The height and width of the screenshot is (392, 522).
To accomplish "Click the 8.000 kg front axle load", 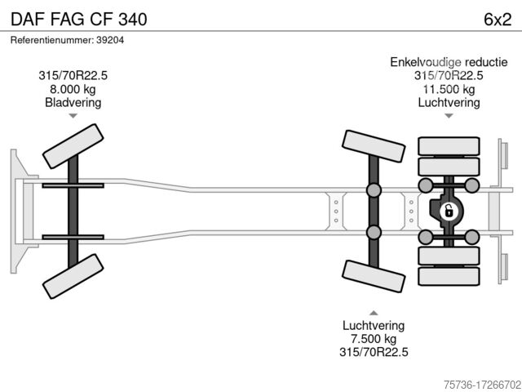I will [73, 89].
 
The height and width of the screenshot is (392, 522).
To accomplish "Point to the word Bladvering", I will [73, 103].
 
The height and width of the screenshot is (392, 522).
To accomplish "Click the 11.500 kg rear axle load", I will [449, 89].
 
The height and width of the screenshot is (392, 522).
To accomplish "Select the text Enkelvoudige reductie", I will [449, 62].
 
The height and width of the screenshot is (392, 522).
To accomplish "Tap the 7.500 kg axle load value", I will [374, 339].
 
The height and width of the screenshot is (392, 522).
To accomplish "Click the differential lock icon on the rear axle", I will [448, 212].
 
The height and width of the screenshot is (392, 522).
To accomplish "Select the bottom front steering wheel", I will [73, 276].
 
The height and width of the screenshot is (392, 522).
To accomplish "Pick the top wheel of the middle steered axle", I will [374, 150].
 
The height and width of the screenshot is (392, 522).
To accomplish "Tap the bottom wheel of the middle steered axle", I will [374, 274].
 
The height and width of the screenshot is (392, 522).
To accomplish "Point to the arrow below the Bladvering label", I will [73, 116].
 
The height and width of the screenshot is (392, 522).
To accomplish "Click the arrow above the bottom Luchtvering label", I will [374, 313].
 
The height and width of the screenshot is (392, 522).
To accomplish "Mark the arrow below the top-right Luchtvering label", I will [449, 116].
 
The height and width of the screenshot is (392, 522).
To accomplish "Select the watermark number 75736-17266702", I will [471, 382].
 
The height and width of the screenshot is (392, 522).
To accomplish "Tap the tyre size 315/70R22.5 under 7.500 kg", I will [374, 352].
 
